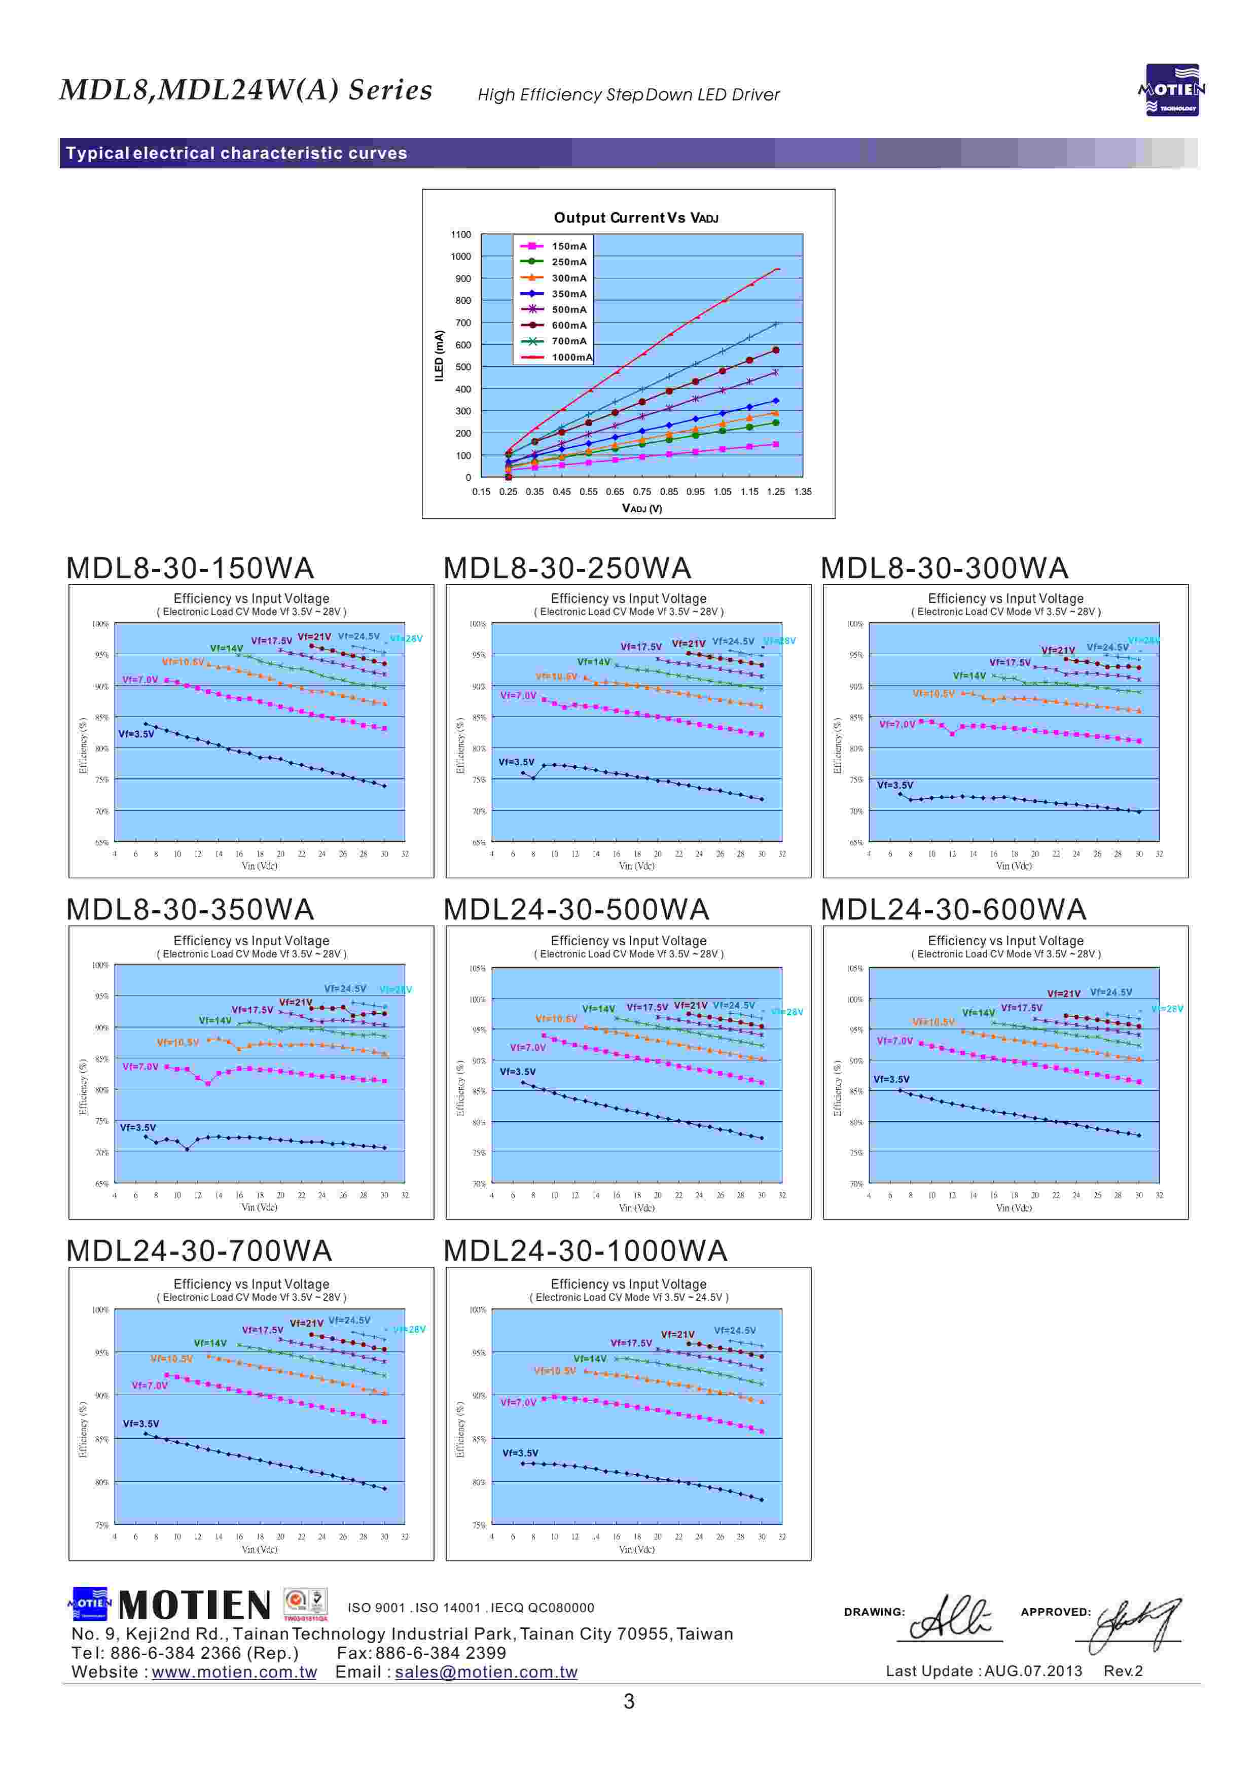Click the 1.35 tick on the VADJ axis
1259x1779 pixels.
click(x=802, y=491)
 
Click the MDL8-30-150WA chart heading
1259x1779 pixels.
click(x=190, y=568)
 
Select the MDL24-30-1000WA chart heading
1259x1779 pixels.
click(x=585, y=1251)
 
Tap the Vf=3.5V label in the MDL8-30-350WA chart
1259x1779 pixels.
click(x=138, y=1128)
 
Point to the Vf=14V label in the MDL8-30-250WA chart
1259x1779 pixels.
click(x=594, y=662)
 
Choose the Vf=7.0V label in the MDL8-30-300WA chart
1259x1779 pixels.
click(x=897, y=725)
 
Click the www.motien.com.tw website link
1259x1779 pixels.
click(x=234, y=1672)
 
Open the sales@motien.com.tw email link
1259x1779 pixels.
click(x=486, y=1672)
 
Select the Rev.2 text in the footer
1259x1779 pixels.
click(x=1123, y=1670)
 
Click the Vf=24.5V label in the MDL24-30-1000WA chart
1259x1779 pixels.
click(x=735, y=1330)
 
